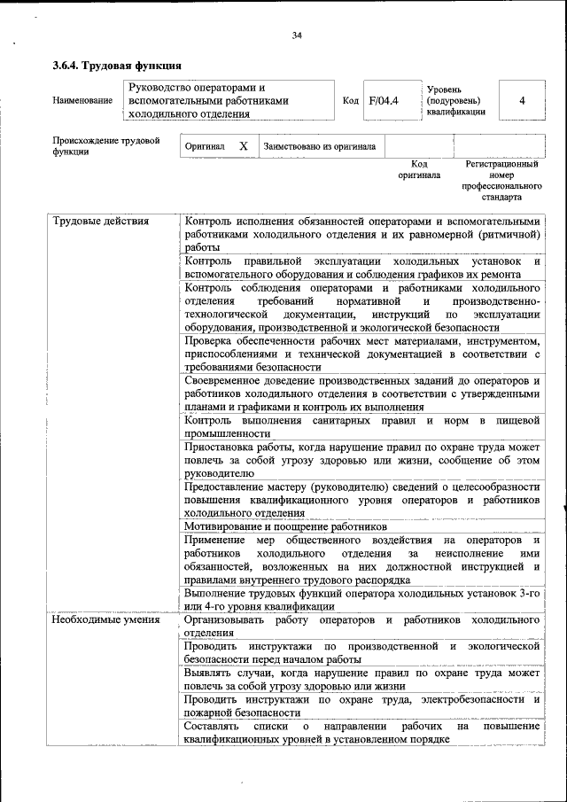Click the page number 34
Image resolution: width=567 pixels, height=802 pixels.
point(297,35)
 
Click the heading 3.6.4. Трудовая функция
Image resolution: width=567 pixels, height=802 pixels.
point(117,66)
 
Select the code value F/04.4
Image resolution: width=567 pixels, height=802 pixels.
point(384,100)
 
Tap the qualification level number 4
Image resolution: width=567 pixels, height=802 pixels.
point(522,100)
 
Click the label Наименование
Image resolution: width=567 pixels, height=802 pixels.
point(82,101)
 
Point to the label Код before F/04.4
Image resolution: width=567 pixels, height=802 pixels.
point(350,101)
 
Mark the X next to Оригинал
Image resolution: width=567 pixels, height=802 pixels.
point(243,146)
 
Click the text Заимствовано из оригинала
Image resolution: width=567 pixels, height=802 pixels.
point(319,146)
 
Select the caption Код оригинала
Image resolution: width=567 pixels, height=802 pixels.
point(419,169)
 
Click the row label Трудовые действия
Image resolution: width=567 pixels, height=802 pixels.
point(101,221)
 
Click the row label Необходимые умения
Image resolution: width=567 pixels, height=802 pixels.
point(105,619)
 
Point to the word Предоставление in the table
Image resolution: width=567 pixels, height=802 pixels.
point(226,487)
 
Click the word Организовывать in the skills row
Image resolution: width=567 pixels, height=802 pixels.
point(229,619)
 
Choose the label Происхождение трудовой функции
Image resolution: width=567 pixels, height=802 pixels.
point(105,145)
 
